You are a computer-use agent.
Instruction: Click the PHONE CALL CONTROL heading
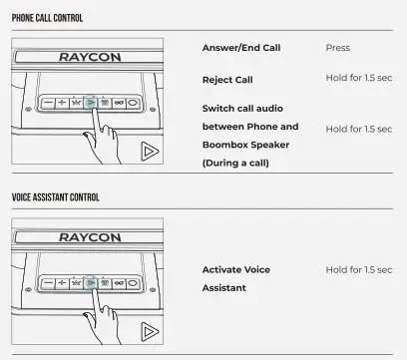[47, 18]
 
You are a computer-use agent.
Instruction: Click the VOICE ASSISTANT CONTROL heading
[55, 197]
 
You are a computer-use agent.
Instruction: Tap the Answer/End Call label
[240, 48]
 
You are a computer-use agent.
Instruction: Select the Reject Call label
[228, 78]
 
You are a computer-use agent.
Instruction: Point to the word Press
[337, 48]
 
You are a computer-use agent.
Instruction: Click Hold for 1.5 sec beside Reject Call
[358, 78]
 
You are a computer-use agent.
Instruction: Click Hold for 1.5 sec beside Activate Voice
[358, 270]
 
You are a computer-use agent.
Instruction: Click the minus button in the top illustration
[48, 103]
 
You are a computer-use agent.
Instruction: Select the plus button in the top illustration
[62, 103]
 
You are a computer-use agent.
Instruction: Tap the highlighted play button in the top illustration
[90, 103]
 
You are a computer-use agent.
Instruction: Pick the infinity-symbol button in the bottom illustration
[118, 283]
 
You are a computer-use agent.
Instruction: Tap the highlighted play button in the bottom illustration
[90, 283]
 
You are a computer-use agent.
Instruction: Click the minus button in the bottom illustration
[48, 283]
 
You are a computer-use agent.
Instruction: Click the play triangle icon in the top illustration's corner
[150, 152]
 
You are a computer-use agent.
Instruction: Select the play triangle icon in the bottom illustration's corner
[150, 331]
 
